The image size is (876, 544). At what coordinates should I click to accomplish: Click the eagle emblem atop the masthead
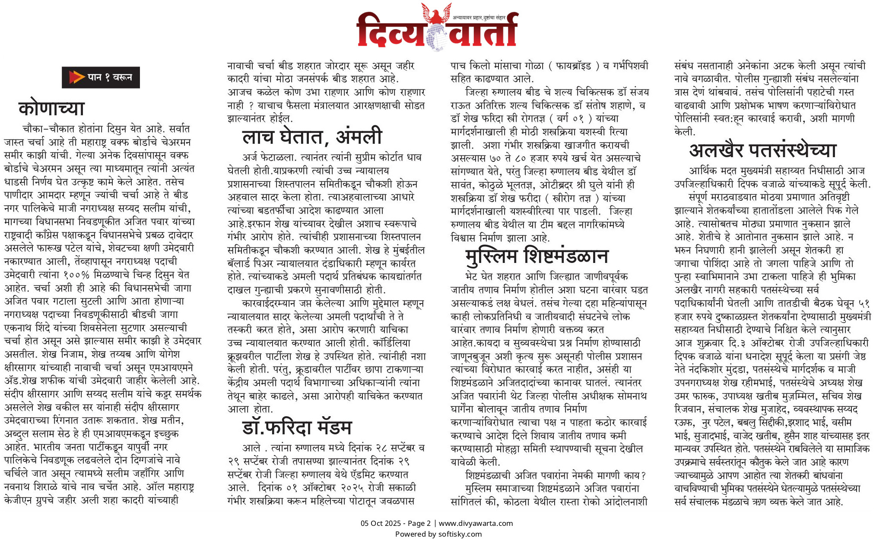(x=436, y=13)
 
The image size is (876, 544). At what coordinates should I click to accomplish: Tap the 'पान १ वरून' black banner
(x=101, y=77)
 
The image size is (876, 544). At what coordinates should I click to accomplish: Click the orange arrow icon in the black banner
(x=76, y=77)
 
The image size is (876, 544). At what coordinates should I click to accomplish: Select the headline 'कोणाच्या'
(x=51, y=108)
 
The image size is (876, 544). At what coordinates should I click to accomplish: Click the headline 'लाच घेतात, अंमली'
(x=312, y=136)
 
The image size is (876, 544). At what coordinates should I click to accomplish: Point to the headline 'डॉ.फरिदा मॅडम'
(x=297, y=427)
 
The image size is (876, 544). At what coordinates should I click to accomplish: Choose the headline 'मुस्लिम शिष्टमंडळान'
(x=536, y=256)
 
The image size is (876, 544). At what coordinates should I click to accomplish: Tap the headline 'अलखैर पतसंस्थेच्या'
(x=762, y=150)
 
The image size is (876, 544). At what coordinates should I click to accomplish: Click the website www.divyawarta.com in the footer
(x=476, y=523)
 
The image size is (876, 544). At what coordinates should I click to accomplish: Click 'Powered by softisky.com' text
(x=438, y=534)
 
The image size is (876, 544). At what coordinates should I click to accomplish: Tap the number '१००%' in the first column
(x=76, y=275)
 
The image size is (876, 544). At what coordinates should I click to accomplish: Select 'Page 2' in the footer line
(x=419, y=523)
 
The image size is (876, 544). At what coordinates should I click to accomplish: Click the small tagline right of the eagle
(x=479, y=18)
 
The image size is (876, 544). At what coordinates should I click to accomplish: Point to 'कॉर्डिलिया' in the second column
(x=392, y=343)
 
